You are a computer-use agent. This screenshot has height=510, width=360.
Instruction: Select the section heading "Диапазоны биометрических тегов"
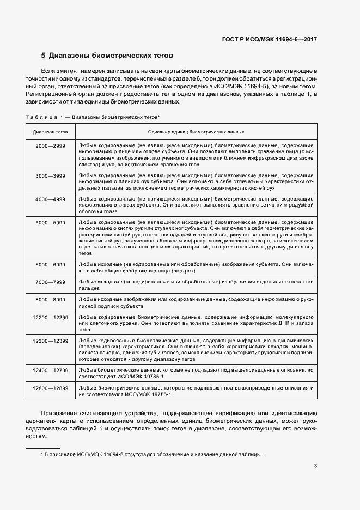(111, 56)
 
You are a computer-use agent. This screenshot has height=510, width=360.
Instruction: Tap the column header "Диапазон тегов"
(50, 132)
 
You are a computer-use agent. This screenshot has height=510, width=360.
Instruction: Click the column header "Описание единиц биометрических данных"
(196, 132)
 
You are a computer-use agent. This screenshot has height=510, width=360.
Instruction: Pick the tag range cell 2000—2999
(50, 147)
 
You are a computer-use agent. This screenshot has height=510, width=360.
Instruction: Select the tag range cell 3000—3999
(50, 176)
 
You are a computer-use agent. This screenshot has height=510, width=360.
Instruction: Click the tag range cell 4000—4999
(50, 199)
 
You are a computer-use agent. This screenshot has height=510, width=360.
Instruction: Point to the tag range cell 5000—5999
(50, 223)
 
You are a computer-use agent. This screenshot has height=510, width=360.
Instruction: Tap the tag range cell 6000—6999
(50, 264)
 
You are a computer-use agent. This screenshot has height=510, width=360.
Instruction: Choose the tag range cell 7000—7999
(50, 282)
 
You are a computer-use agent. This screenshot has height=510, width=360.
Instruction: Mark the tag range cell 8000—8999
(50, 300)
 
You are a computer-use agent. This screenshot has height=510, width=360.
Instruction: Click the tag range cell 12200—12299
(50, 317)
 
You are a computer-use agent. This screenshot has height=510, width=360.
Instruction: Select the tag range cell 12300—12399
(50, 341)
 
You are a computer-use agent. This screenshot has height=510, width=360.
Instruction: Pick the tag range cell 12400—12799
(50, 370)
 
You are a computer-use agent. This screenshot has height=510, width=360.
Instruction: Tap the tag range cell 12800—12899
(50, 387)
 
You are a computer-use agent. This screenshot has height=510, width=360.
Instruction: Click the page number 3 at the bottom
(316, 466)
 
